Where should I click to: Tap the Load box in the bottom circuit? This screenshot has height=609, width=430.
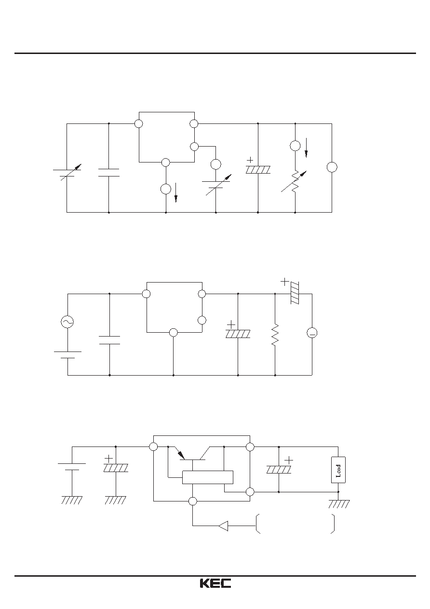point(338,470)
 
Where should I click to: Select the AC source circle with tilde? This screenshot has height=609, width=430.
point(67,322)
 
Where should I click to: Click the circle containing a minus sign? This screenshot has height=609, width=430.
point(312,333)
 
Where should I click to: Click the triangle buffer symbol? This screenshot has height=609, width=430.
point(223,526)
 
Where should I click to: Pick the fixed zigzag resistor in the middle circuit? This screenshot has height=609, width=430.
point(275,335)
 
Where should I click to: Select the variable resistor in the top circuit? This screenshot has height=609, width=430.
point(295,182)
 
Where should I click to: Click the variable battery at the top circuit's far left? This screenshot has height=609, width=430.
point(67,172)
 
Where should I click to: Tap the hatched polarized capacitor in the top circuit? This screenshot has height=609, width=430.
point(258,170)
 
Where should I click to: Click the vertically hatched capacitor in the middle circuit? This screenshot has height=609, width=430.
point(295,293)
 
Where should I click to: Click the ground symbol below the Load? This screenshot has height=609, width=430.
point(339,504)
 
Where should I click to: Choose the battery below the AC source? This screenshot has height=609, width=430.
point(67,355)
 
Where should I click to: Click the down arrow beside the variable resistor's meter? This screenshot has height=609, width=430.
point(306,148)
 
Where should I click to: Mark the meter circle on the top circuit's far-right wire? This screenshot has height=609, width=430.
point(332,167)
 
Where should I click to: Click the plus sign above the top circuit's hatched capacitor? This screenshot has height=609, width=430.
point(250,160)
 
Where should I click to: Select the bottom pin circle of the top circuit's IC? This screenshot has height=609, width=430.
point(165,162)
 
